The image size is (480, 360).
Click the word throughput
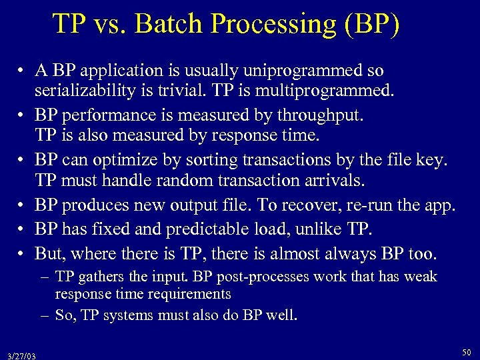[321, 116]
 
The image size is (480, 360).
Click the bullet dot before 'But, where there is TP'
[22, 254]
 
